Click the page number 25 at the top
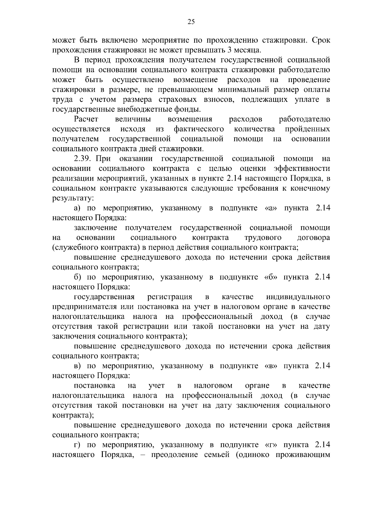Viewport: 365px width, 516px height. tap(191, 21)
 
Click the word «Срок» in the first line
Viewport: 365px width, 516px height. tap(321, 40)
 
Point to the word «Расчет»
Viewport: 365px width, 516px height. tap(86, 119)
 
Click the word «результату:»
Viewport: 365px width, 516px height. tap(73, 198)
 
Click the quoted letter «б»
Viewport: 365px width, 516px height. tap(269, 277)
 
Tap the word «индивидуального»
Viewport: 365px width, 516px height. tap(298, 297)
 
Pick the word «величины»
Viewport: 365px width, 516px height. tap(133, 119)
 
